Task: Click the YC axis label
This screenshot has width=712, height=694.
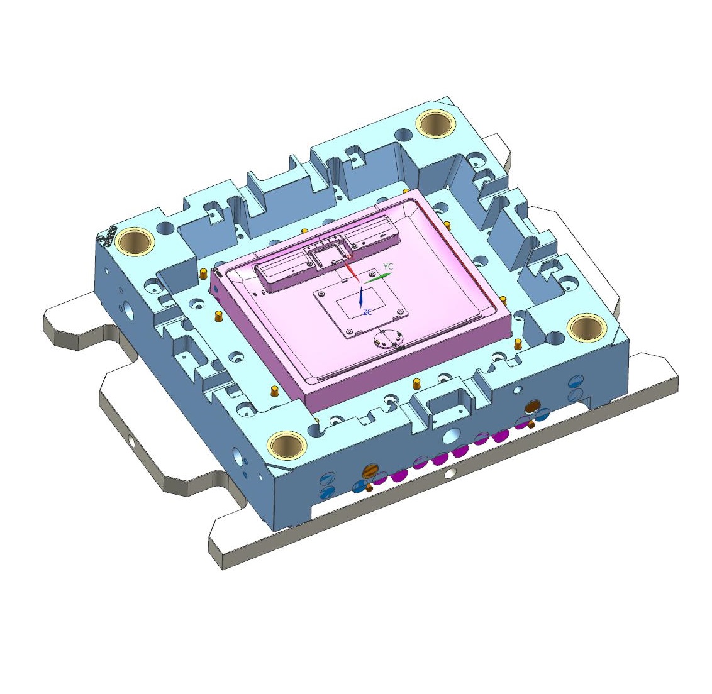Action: pos(388,267)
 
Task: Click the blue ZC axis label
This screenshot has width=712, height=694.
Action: pos(366,312)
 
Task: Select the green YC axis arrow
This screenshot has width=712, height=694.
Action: pos(377,275)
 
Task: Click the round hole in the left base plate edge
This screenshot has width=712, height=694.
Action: pos(131,441)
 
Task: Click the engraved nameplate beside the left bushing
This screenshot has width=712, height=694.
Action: pos(109,235)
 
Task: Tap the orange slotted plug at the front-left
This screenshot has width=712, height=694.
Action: pos(370,471)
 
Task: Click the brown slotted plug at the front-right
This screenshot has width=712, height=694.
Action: pos(532,407)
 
